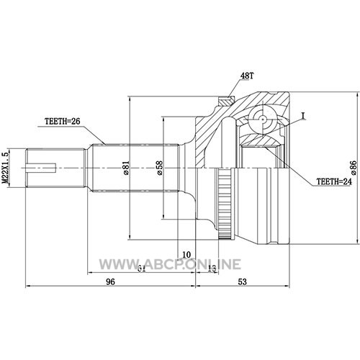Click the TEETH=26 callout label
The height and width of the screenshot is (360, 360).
[x=63, y=122]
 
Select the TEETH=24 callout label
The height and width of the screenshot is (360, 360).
[x=334, y=181]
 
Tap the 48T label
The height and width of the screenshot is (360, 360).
[x=247, y=76]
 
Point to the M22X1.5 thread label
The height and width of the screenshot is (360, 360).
[x=5, y=168]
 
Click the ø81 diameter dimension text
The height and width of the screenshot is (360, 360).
[x=126, y=168]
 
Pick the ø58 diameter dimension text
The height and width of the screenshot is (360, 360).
[x=159, y=168]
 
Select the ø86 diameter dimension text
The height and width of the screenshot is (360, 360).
[x=354, y=167]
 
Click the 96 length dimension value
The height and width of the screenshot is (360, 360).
[x=111, y=282]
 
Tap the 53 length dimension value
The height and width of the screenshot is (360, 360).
[x=243, y=282]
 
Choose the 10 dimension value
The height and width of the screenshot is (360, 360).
[x=186, y=254]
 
